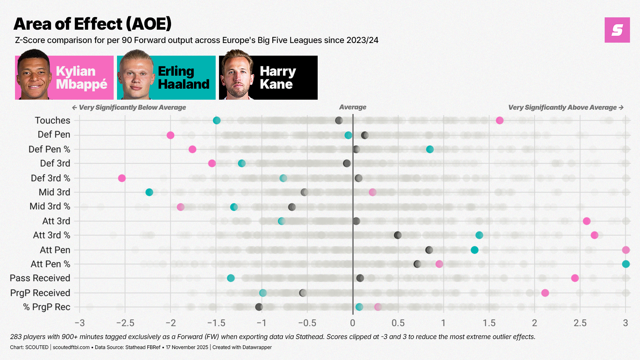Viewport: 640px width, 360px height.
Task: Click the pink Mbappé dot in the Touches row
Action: click(499, 120)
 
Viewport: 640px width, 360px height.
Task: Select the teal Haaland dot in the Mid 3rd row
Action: click(149, 192)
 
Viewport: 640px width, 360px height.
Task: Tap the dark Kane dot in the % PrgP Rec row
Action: click(259, 307)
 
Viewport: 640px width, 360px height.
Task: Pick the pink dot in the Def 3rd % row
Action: click(122, 178)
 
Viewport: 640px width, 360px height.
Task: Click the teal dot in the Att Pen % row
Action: click(626, 264)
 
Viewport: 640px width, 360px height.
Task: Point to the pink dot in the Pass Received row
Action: click(575, 278)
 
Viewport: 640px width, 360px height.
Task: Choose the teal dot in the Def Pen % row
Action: click(430, 149)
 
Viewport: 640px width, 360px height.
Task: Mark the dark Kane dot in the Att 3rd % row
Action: click(398, 235)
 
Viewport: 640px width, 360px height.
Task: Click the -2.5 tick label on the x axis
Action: click(125, 323)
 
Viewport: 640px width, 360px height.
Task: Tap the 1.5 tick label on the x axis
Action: click(489, 323)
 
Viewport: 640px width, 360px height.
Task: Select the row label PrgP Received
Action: click(40, 293)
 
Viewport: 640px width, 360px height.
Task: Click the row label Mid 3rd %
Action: click(50, 206)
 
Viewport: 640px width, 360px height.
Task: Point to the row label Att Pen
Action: click(55, 250)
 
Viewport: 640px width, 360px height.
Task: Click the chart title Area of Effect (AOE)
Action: click(92, 24)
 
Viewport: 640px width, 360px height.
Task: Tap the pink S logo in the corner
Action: click(617, 30)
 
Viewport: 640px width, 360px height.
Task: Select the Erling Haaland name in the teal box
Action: click(183, 78)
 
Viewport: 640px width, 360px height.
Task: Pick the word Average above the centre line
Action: click(353, 107)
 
